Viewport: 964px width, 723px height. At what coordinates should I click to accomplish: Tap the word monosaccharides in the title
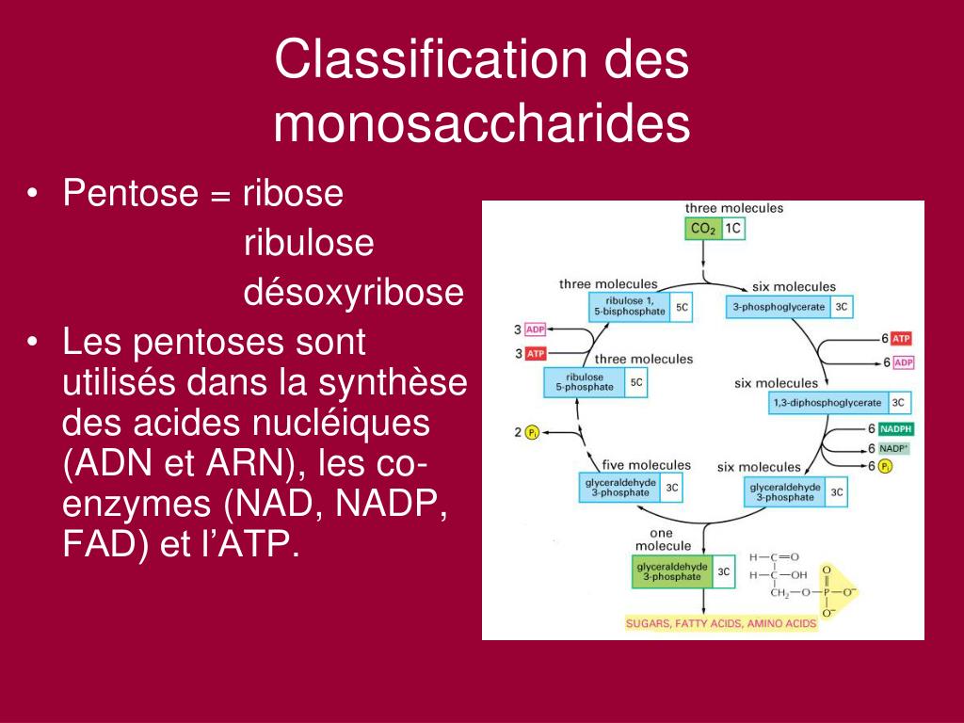point(482,124)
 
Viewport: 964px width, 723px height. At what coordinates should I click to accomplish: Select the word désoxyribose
point(354,293)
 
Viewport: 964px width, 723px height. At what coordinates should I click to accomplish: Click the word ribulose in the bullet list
point(309,244)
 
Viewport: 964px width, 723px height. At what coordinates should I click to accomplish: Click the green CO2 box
point(702,229)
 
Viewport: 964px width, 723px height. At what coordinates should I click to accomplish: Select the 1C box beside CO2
point(733,229)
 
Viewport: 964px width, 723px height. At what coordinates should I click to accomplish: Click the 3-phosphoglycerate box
point(779,307)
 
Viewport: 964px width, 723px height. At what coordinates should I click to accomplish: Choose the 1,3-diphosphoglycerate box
point(828,403)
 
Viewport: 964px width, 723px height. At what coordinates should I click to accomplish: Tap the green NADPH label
point(896,429)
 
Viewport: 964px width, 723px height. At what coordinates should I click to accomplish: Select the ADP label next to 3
point(535,329)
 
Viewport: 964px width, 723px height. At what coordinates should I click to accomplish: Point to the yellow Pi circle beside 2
point(532,432)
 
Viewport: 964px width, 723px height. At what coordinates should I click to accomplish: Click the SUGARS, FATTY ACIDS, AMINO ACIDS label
point(722,623)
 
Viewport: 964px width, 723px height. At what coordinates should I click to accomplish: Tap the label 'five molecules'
point(647,465)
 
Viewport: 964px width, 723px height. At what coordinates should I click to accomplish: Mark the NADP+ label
point(894,448)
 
